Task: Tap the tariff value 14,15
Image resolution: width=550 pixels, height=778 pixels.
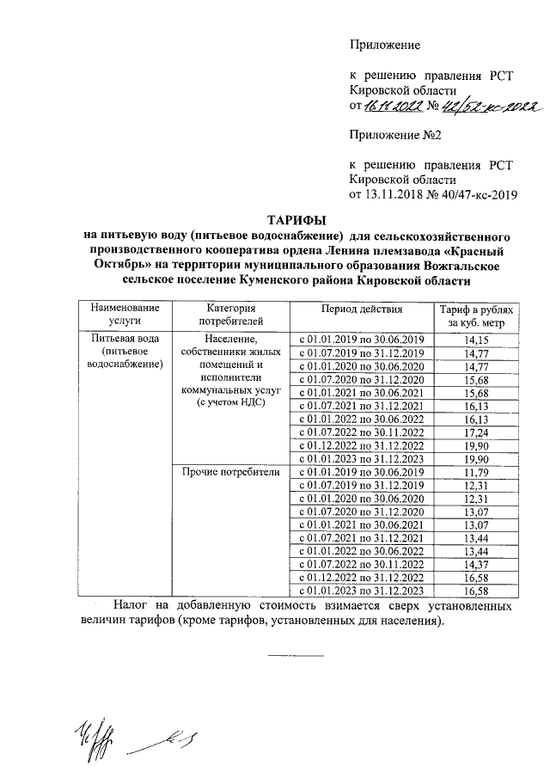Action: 475,340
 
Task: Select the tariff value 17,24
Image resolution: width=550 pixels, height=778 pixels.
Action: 475,432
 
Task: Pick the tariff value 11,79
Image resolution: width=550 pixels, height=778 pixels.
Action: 475,472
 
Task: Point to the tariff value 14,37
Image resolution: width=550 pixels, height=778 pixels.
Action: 475,564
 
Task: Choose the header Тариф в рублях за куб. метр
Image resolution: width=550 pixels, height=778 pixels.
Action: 475,315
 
